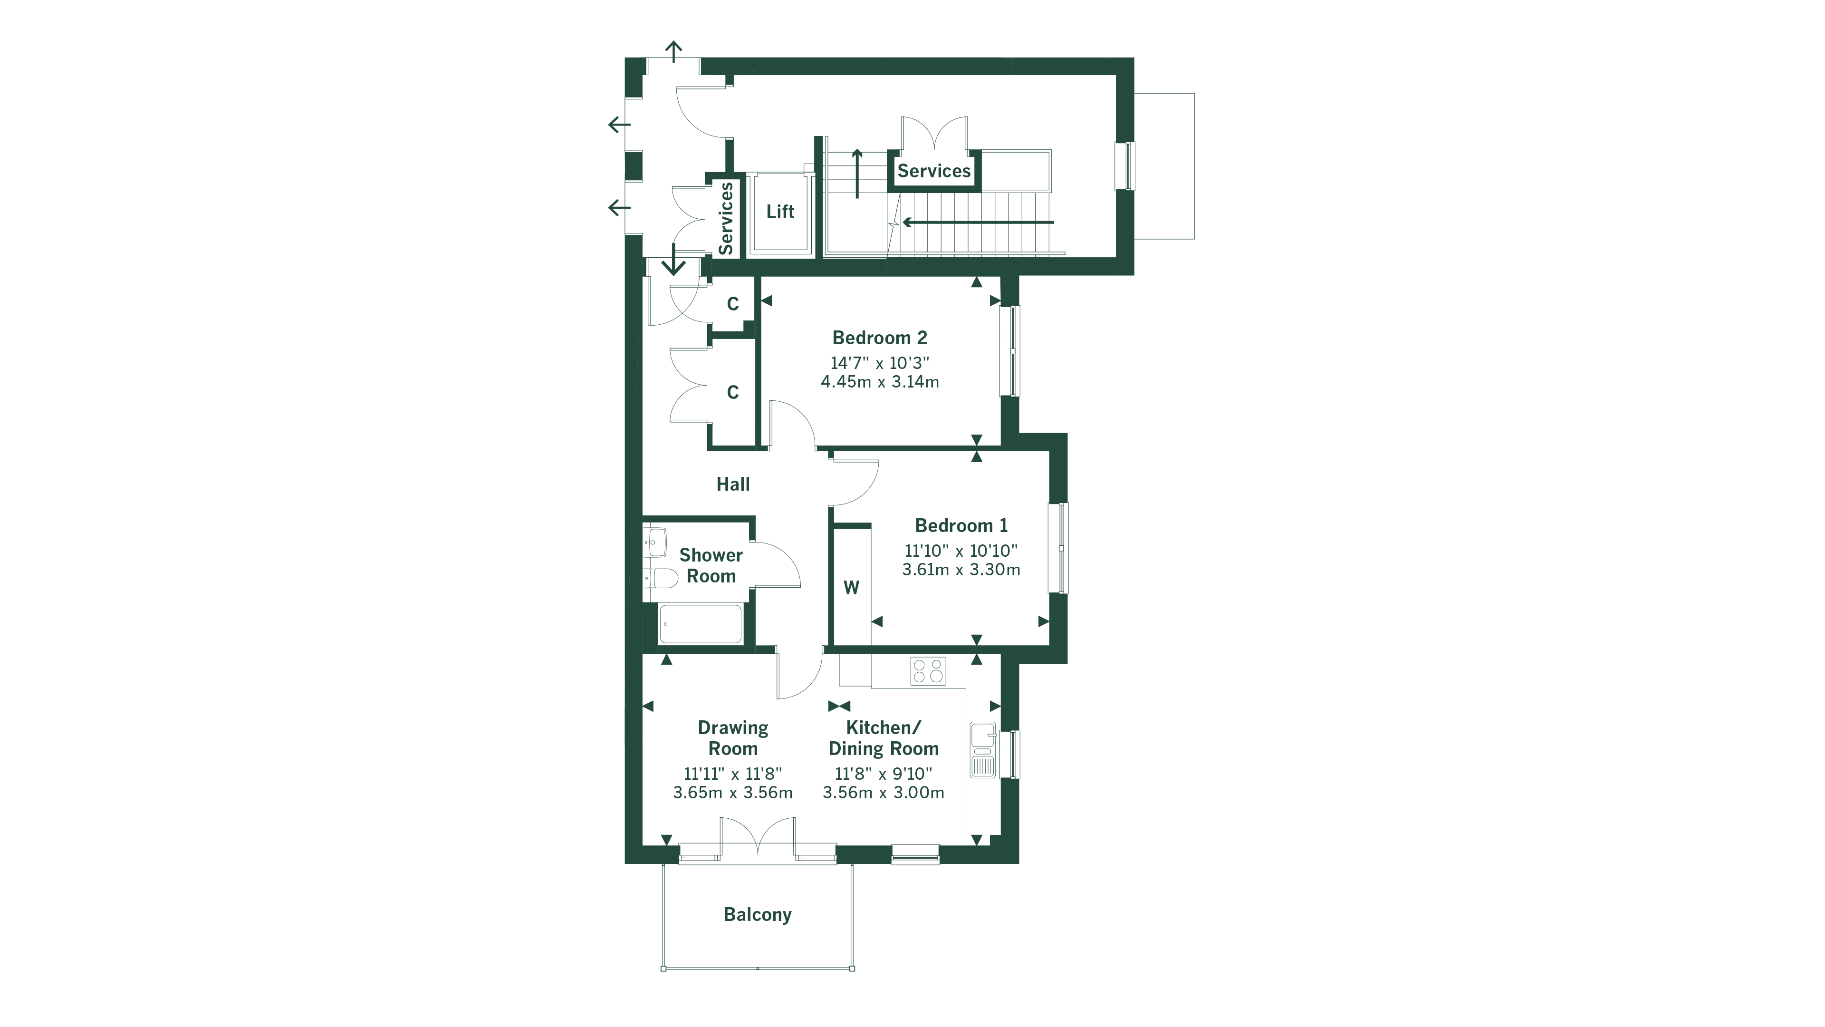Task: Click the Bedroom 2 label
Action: [x=879, y=338]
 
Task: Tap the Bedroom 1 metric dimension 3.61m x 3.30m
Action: [x=961, y=570]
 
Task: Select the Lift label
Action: [x=780, y=211]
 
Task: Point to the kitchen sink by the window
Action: [x=983, y=750]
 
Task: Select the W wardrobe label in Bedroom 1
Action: [x=851, y=588]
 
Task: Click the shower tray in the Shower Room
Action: [x=700, y=624]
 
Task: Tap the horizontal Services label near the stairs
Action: [x=934, y=171]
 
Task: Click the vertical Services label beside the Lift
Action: [x=725, y=218]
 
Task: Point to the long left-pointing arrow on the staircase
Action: [x=978, y=223]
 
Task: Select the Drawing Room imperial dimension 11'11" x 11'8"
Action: [x=732, y=774]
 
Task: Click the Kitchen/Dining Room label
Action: [x=884, y=738]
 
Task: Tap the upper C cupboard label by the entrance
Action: [x=732, y=304]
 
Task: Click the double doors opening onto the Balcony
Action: [x=758, y=838]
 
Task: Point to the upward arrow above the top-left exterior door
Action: [x=673, y=51]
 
